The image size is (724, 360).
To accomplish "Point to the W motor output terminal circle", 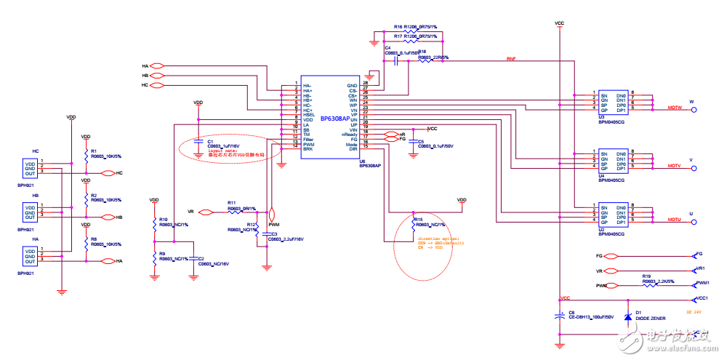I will tap(693, 111).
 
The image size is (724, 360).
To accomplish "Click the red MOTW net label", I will tap(673, 108).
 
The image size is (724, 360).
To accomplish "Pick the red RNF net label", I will tap(511, 58).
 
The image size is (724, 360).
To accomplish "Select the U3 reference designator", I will tap(601, 116).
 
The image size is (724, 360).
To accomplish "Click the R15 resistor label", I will tap(418, 219).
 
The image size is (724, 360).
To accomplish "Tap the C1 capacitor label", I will tap(210, 141).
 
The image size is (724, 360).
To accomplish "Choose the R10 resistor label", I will tap(164, 219).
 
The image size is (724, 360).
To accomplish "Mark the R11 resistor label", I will tap(231, 202).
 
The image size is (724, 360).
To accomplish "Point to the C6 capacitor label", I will tap(571, 312).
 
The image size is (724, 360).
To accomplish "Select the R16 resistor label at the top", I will tap(398, 25).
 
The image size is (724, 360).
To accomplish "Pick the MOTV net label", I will tap(673, 167).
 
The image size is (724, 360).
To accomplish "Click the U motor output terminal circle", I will tap(693, 223).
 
